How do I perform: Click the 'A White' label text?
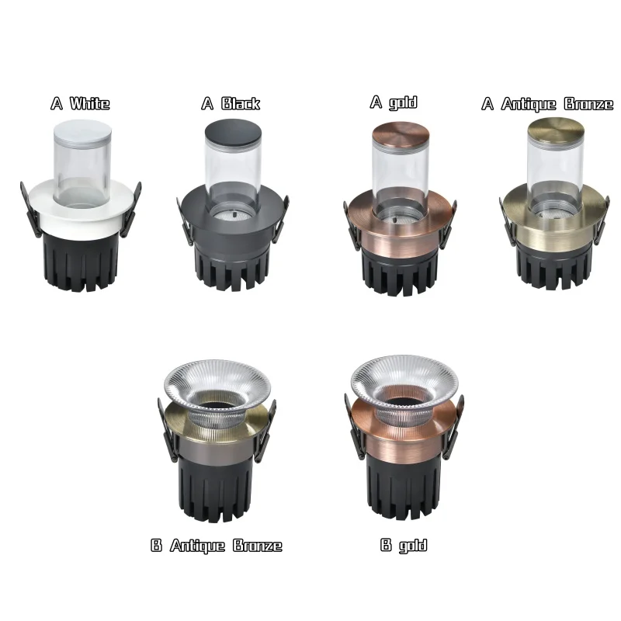click(80, 103)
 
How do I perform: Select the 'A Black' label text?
click(231, 103)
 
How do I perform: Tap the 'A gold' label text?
click(394, 102)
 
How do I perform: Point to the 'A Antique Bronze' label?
click(547, 104)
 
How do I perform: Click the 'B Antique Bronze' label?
click(217, 546)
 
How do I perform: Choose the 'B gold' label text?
click(404, 545)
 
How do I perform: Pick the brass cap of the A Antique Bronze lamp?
click(555, 133)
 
